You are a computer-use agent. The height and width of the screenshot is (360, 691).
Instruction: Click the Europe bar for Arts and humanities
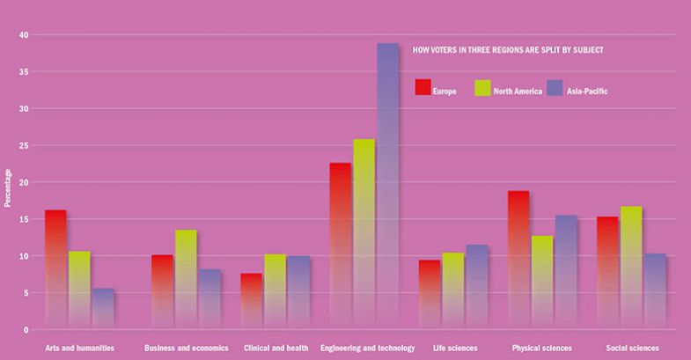pos(55,268)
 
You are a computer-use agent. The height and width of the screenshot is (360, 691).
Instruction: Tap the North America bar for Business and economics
pos(186,279)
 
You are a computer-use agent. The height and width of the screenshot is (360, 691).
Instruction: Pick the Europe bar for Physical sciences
pos(518,260)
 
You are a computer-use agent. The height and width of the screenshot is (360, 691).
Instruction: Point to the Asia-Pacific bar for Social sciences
pos(654,291)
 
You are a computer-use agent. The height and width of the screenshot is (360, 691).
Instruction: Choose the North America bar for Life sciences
pos(452,290)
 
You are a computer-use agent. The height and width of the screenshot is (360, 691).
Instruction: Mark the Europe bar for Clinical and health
pos(252,301)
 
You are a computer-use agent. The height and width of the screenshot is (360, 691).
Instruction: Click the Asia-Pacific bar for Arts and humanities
pos(103,309)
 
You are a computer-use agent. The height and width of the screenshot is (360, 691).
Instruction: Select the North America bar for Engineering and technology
pos(364,233)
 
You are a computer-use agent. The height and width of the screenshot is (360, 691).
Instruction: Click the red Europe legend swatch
pos(422,87)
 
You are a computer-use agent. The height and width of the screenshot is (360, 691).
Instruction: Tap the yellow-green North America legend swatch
pos(481,87)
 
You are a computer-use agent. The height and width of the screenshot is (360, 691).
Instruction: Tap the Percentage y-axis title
pos(8,187)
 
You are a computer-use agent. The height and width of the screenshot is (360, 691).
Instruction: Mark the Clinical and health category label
pos(276,349)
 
